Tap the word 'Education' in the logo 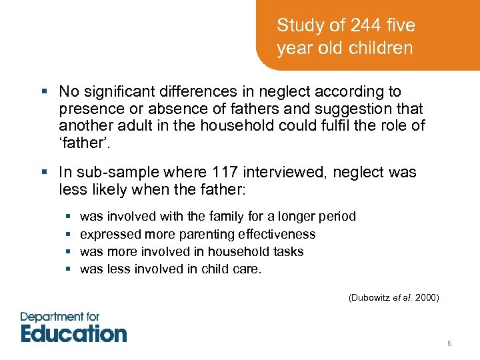73,333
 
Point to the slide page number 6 449,343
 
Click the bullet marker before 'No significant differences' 45,91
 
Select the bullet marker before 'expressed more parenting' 69,234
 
